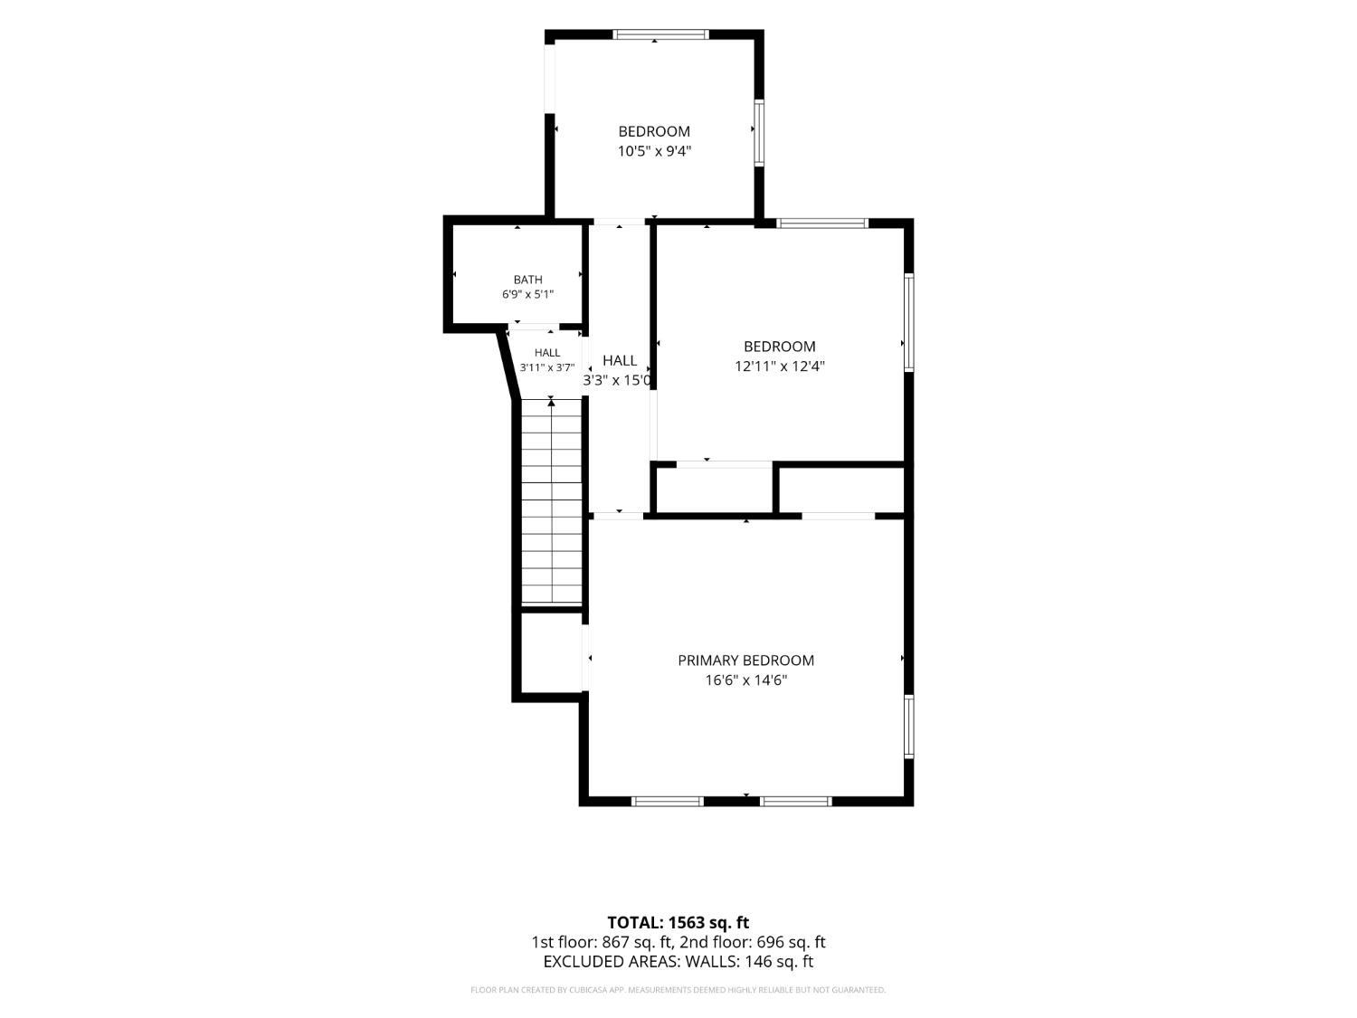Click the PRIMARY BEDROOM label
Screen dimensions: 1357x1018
point(745,661)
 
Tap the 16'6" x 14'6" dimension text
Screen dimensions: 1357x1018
point(746,680)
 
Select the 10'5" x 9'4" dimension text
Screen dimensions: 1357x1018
point(654,151)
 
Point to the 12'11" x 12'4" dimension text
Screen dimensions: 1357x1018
point(780,366)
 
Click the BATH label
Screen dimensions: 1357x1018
point(528,280)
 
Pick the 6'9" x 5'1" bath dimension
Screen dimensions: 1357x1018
point(527,295)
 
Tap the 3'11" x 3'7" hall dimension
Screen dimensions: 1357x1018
point(547,367)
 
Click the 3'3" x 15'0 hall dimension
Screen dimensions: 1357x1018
point(617,380)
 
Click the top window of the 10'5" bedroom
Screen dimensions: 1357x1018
point(660,34)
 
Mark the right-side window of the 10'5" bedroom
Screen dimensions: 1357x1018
point(759,132)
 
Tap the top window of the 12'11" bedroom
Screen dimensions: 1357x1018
point(822,224)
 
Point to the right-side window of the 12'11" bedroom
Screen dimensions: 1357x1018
point(909,323)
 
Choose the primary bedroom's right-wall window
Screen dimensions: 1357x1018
point(909,727)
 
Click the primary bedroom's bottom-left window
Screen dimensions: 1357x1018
point(668,801)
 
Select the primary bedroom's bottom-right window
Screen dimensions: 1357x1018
point(795,801)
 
